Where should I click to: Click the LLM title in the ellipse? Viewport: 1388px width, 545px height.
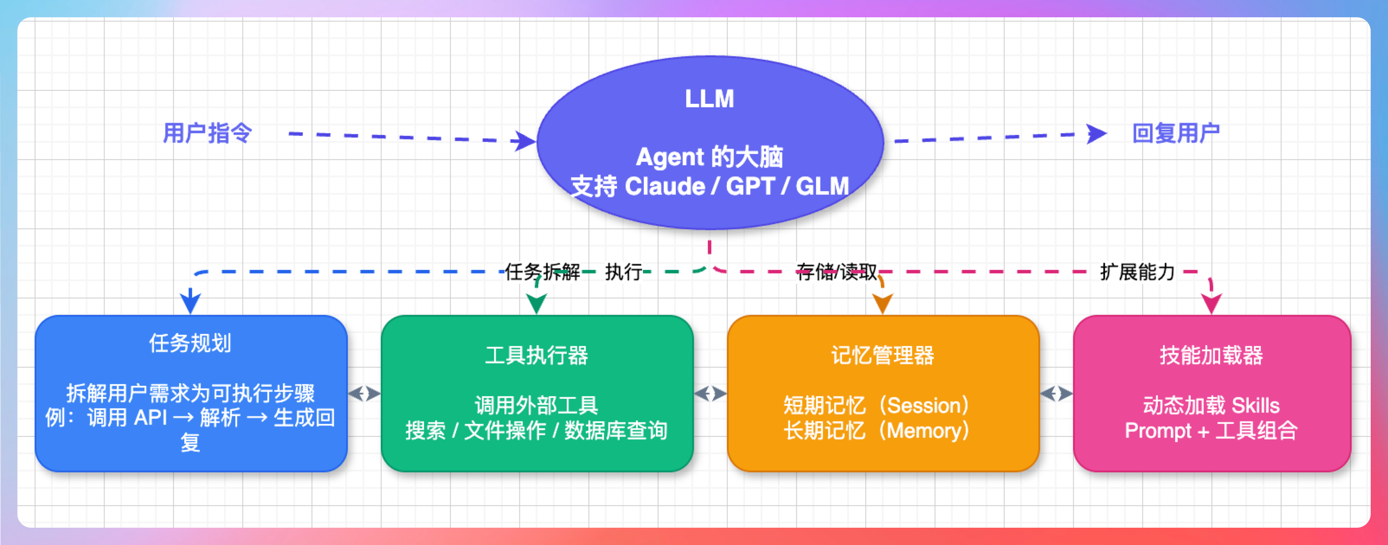[709, 99]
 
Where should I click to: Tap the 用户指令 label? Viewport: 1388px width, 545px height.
[207, 133]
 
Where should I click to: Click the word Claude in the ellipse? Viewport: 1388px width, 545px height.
[665, 186]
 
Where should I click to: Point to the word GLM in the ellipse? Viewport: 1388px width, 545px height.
[822, 186]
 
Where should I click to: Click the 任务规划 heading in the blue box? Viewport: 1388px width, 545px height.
[190, 343]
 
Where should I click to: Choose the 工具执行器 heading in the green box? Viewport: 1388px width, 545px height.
[537, 356]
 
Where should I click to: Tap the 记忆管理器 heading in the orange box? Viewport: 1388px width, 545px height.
[883, 356]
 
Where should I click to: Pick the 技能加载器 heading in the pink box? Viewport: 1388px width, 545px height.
[1211, 356]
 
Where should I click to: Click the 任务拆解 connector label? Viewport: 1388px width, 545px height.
[542, 272]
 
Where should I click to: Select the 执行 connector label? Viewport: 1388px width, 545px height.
[623, 272]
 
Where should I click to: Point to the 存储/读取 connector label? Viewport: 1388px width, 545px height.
[836, 272]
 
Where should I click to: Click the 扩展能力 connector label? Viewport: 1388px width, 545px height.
[1137, 272]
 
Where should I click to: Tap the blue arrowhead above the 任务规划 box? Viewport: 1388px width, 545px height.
[190, 301]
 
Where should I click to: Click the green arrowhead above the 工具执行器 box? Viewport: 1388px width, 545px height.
[537, 303]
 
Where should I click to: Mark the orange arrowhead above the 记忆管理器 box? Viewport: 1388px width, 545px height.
[883, 303]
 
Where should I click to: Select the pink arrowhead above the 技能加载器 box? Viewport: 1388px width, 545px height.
[1211, 303]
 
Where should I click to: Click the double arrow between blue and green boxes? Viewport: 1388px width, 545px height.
[364, 394]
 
